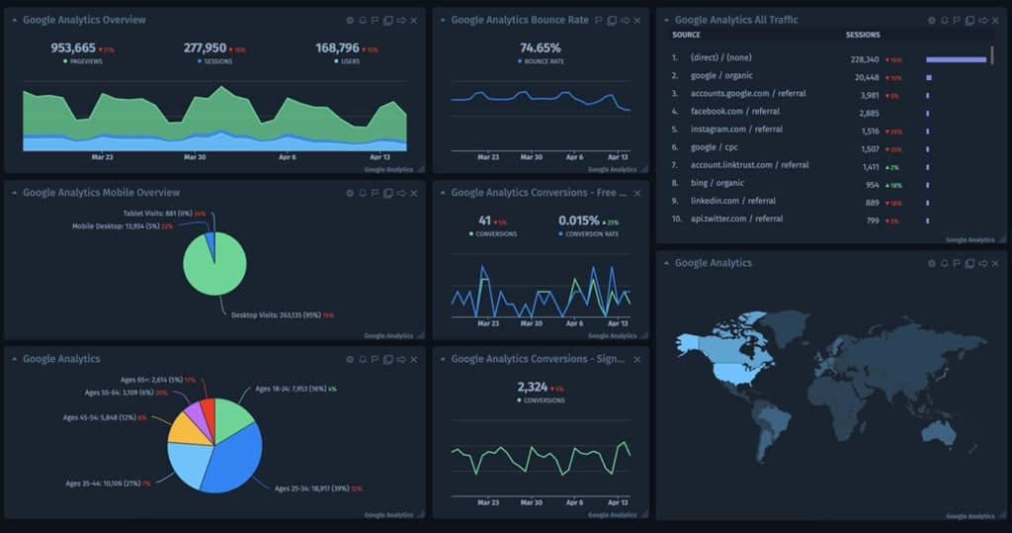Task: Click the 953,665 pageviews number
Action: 73,47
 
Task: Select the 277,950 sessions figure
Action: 205,47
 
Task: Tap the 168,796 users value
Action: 337,47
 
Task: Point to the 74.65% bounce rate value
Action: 540,47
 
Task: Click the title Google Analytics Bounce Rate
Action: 519,20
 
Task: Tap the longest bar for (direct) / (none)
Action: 956,59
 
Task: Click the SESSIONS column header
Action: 863,36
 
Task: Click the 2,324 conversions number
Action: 532,387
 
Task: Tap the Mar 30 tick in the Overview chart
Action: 195,157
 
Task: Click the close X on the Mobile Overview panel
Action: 414,193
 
